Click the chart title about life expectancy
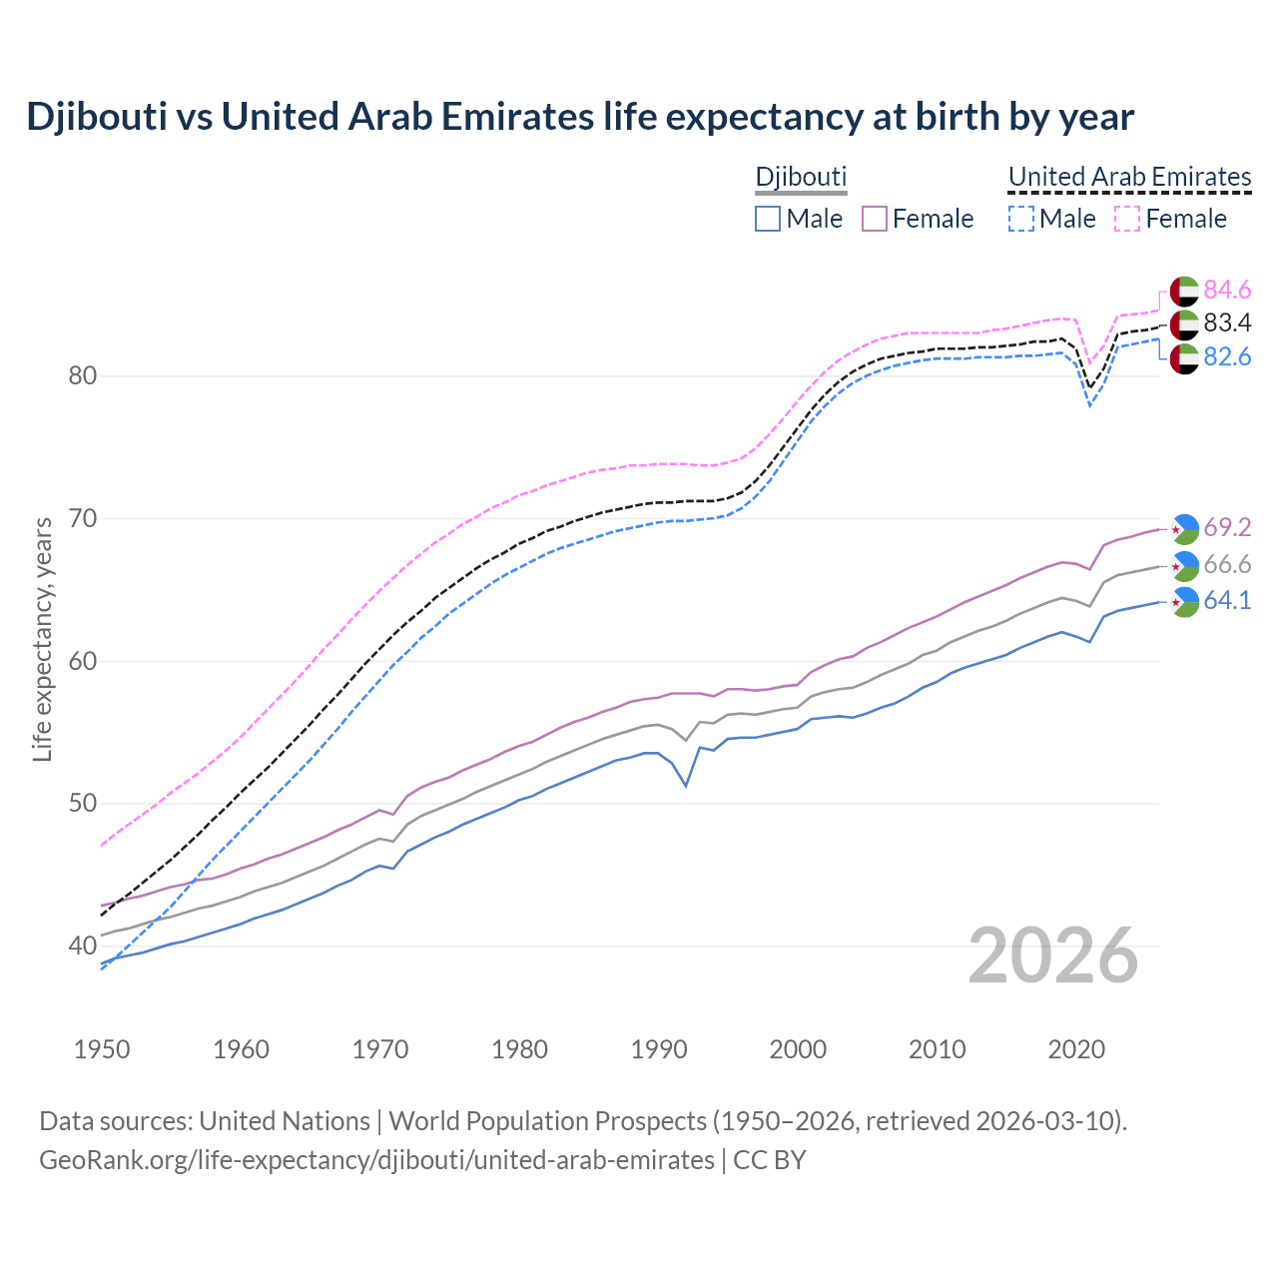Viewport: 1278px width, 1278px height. click(579, 117)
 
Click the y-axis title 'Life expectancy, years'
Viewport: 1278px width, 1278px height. click(43, 640)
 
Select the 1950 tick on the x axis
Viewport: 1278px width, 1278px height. click(102, 1049)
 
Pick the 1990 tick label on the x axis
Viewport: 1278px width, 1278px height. click(658, 1049)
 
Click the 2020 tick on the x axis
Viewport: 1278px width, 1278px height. click(1075, 1049)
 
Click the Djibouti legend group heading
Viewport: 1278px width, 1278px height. click(801, 177)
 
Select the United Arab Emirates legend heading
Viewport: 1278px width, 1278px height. click(1129, 177)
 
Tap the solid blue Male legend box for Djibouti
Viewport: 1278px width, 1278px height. click(767, 219)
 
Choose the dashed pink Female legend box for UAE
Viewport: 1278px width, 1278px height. click(1126, 219)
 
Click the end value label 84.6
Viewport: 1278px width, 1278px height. click(1227, 291)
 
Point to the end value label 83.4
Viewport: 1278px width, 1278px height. click(1227, 323)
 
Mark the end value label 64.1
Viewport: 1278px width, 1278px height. click(1227, 601)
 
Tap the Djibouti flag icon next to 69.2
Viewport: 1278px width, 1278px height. click(1184, 528)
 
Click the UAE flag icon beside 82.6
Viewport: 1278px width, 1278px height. click(1184, 358)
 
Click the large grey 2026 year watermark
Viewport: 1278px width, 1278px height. click(1053, 956)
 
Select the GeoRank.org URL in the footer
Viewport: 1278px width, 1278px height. click(376, 1160)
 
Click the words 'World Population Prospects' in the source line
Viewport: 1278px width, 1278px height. click(547, 1121)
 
